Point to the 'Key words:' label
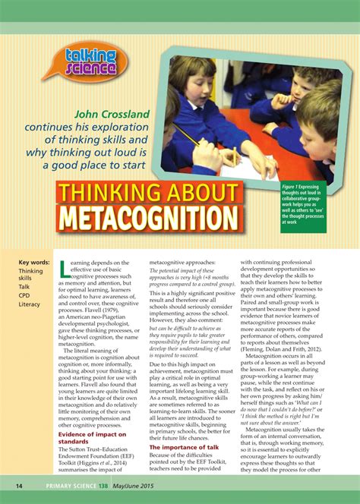click(x=35, y=263)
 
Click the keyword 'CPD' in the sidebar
click(x=26, y=295)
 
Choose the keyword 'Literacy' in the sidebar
click(x=30, y=304)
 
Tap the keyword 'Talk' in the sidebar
click(x=26, y=287)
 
